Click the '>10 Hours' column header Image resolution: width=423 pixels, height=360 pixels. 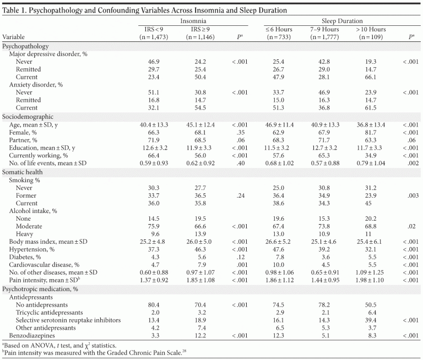[371, 29]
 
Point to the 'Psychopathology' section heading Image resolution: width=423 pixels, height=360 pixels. [26, 47]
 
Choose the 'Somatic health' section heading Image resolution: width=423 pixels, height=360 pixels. [23, 172]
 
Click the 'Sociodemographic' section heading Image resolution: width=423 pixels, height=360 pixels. [27, 117]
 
